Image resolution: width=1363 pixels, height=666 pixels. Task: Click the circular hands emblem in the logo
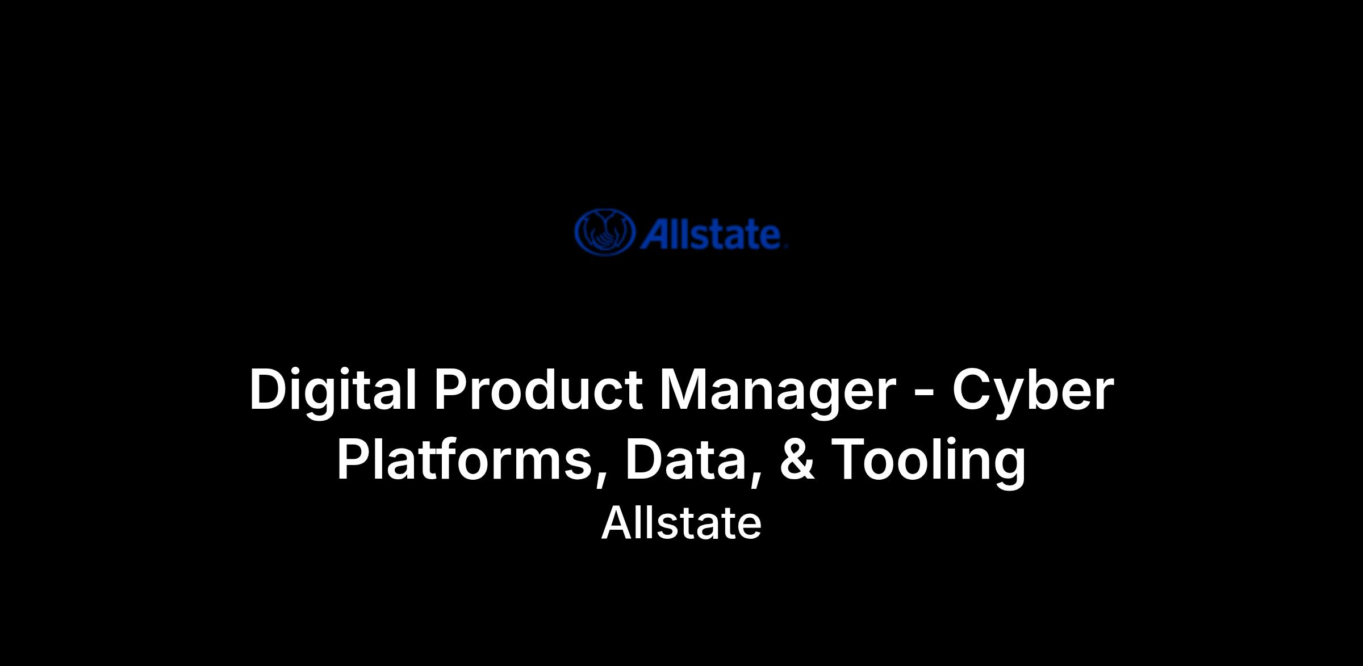coord(604,232)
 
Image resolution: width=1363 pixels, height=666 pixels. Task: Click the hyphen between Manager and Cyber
coord(926,393)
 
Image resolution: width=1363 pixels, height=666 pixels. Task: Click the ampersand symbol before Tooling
coord(797,459)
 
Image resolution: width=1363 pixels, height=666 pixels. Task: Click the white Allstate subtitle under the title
coord(681,523)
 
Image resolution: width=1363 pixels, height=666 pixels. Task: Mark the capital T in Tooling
coord(850,459)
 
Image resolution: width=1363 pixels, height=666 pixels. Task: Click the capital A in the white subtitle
coord(616,523)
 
